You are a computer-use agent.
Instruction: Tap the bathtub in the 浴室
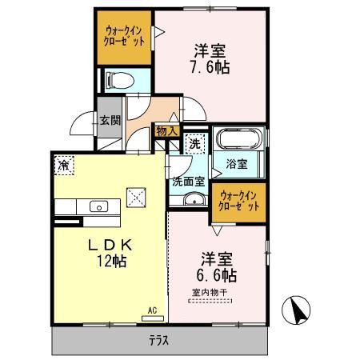pos(237,142)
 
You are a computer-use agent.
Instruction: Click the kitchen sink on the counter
pos(98,207)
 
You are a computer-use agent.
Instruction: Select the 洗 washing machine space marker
pos(194,145)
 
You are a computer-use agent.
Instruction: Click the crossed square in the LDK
pos(136,194)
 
